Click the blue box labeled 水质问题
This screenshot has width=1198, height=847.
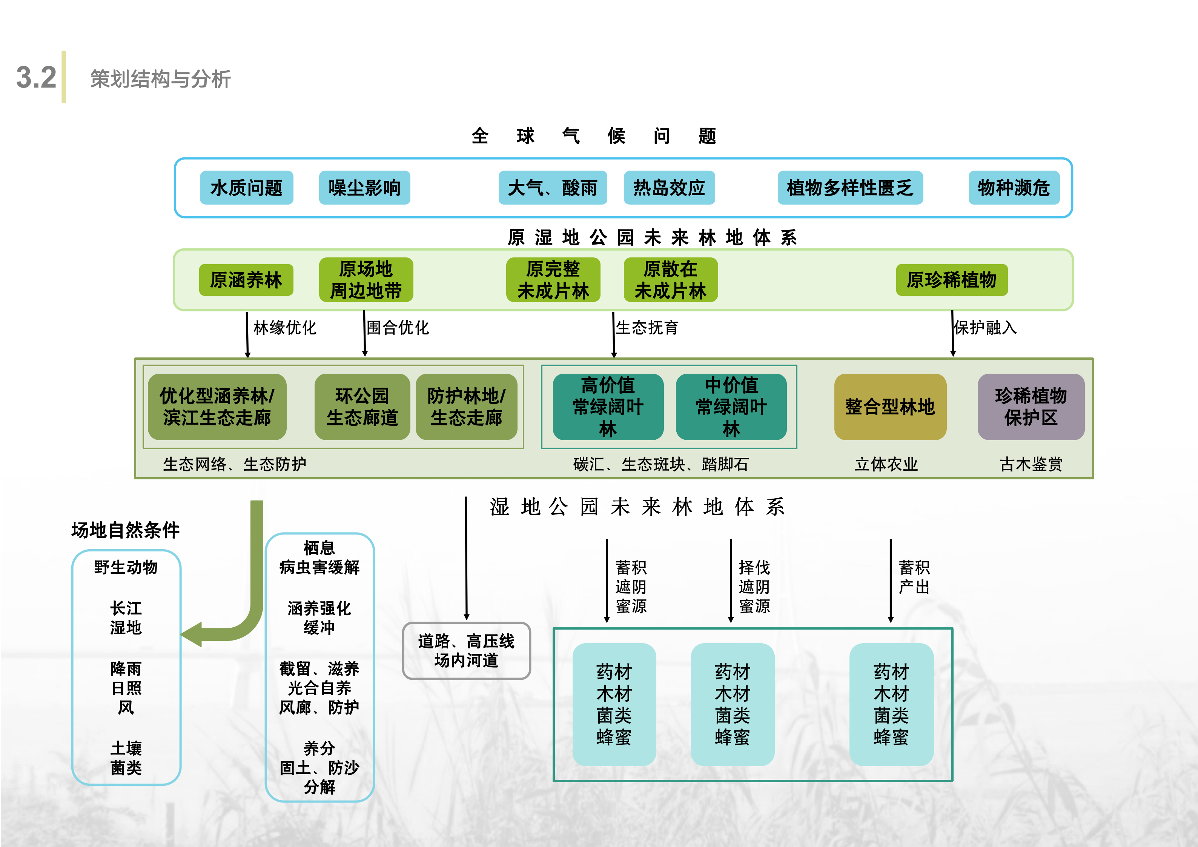[246, 188]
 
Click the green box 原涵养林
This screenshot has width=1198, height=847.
[246, 280]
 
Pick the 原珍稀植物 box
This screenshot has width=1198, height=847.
[951, 280]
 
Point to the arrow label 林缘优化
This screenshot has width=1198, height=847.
[284, 328]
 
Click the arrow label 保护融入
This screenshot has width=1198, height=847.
[985, 328]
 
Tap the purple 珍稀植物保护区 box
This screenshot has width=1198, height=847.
[1031, 407]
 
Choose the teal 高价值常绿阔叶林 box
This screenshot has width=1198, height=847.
[608, 407]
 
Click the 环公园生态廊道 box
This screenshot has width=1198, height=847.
[362, 407]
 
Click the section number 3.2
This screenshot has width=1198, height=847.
[36, 77]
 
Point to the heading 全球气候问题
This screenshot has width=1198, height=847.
[593, 136]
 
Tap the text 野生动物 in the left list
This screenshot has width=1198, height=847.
[126, 567]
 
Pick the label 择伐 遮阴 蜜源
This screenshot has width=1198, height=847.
[754, 587]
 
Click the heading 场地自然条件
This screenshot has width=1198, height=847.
[125, 530]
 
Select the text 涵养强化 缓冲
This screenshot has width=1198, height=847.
[319, 618]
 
